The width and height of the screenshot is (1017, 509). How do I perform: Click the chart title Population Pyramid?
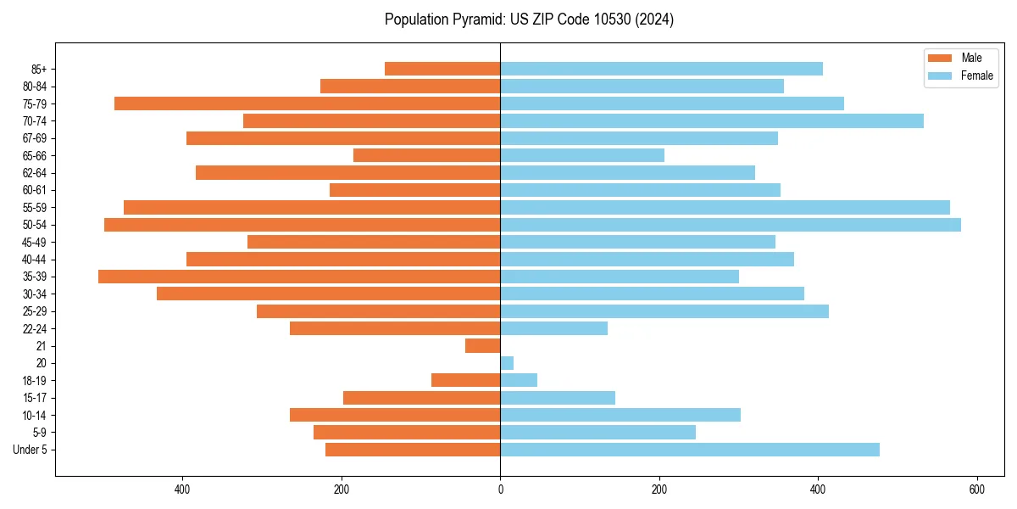click(x=529, y=20)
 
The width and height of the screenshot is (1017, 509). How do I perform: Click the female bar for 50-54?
click(x=731, y=225)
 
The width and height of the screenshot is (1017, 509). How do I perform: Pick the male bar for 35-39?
click(x=299, y=277)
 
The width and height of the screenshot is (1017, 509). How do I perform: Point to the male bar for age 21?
click(x=483, y=346)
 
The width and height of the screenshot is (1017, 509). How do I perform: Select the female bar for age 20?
click(x=507, y=363)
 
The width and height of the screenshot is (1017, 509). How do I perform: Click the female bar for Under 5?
click(x=690, y=450)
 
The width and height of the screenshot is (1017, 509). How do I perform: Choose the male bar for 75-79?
click(x=308, y=103)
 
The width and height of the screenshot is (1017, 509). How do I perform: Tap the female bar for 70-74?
click(x=712, y=121)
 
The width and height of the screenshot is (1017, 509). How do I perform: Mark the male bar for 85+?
click(x=442, y=69)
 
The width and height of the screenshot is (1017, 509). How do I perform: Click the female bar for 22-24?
click(x=554, y=328)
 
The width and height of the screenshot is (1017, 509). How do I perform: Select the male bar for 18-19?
click(x=466, y=380)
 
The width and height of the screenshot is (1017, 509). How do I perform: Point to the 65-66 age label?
click(x=35, y=155)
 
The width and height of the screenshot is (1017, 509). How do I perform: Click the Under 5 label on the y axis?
click(x=30, y=450)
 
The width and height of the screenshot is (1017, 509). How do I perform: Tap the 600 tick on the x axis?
click(x=976, y=489)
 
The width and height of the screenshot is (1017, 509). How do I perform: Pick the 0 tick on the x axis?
click(x=500, y=489)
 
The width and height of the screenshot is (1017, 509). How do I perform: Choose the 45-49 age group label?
click(x=35, y=242)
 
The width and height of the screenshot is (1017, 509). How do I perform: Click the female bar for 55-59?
click(x=725, y=208)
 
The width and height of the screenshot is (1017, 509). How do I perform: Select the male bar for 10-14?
click(x=395, y=415)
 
